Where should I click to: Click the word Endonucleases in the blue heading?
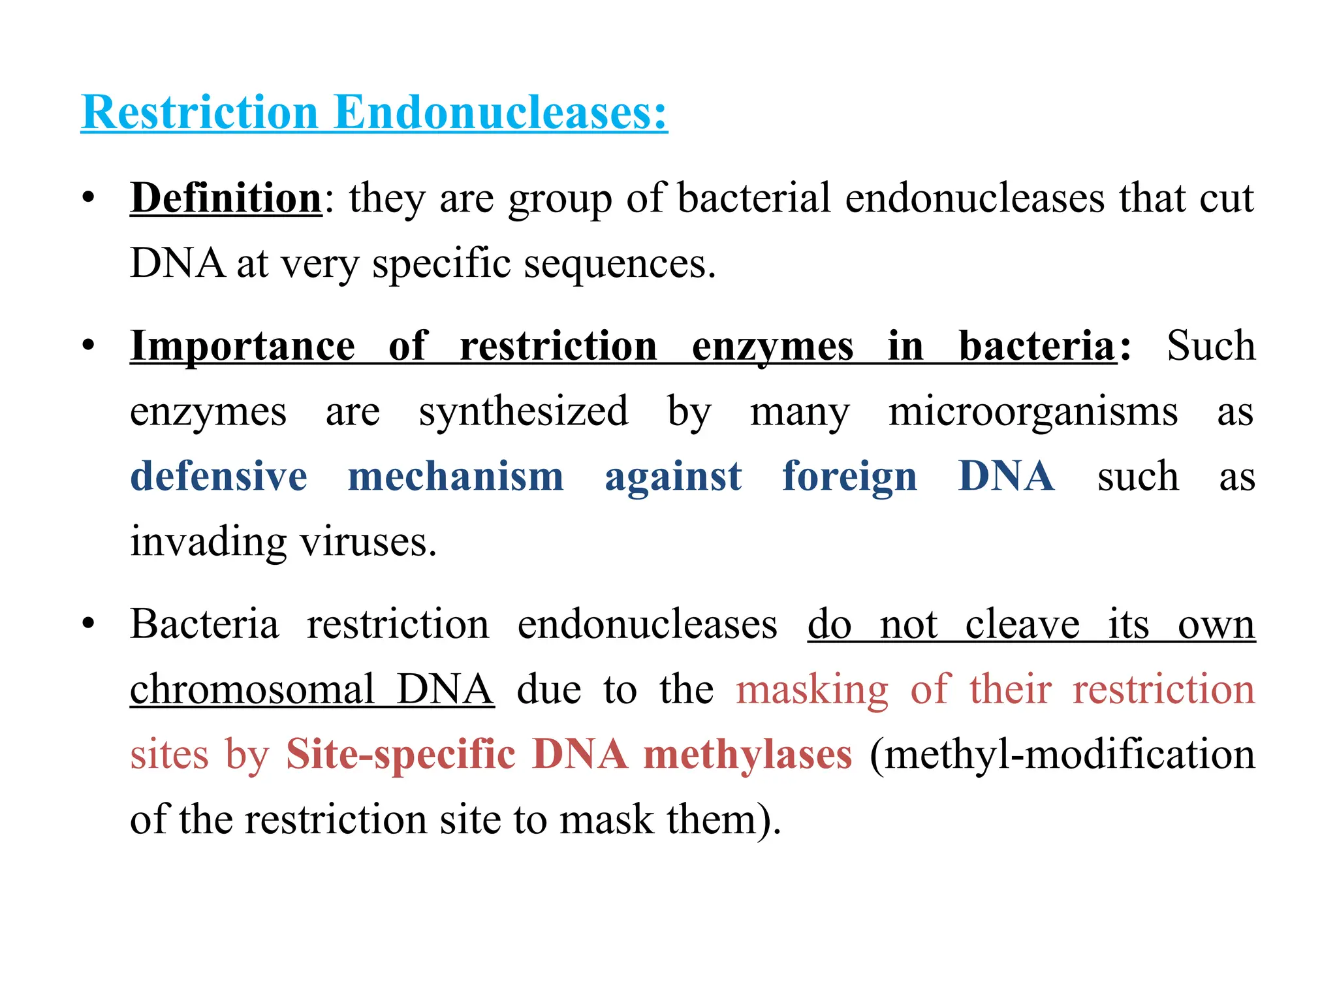[x=500, y=112]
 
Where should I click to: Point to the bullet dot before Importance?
[x=89, y=345]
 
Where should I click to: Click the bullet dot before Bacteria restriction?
[x=89, y=624]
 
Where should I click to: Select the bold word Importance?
[x=243, y=345]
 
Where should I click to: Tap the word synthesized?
[x=524, y=411]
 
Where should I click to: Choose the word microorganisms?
[x=1033, y=411]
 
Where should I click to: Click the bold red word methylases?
[x=747, y=754]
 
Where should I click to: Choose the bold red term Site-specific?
[x=401, y=754]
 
